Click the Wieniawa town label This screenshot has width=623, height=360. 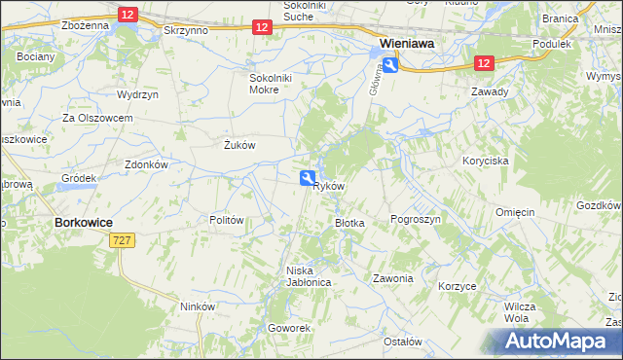(x=407, y=44)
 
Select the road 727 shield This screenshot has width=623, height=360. (x=122, y=240)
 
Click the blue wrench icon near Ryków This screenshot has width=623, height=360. (x=307, y=177)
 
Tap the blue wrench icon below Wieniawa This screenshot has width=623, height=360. (x=390, y=64)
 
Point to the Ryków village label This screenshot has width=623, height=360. (x=330, y=186)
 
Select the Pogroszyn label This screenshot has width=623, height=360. (x=416, y=220)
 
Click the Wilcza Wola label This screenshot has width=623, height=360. (x=515, y=311)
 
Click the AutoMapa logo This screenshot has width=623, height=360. (x=554, y=341)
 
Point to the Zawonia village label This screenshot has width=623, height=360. (x=393, y=278)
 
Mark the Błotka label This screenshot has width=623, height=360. (x=349, y=223)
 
